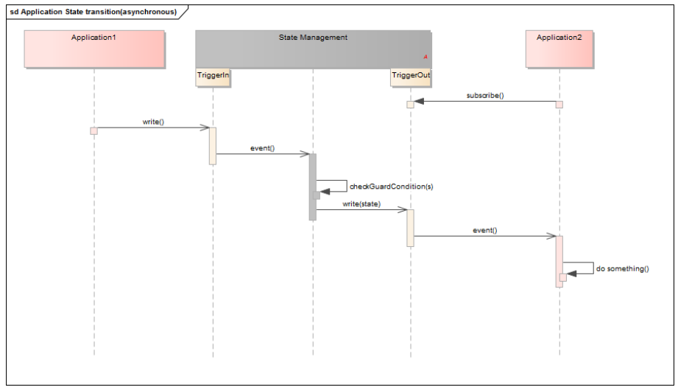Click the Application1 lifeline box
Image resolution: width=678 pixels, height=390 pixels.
click(94, 49)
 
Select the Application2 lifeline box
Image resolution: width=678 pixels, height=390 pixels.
click(559, 49)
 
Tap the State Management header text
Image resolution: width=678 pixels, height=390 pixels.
click(313, 38)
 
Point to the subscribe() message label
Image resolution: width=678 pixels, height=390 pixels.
click(484, 96)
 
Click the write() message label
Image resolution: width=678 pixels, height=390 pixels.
click(152, 122)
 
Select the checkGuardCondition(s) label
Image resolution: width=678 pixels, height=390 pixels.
click(391, 187)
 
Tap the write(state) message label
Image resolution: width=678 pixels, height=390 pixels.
click(361, 203)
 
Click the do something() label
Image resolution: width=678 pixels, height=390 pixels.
click(622, 269)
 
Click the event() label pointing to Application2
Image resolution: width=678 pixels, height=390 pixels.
click(484, 230)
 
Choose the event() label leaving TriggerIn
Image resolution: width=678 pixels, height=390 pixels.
click(262, 148)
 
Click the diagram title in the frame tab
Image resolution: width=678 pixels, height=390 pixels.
click(93, 11)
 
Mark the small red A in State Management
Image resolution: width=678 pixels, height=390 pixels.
click(425, 57)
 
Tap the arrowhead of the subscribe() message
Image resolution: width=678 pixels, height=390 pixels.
click(419, 102)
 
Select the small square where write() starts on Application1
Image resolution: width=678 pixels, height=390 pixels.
click(93, 130)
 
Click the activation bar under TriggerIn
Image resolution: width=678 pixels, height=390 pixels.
click(213, 145)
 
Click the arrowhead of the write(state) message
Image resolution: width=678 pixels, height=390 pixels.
click(403, 209)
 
